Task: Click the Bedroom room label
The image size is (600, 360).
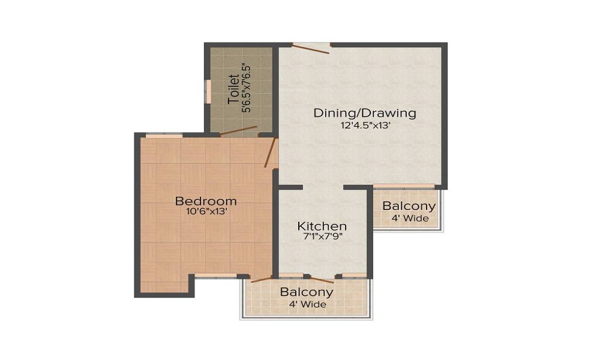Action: click(x=205, y=200)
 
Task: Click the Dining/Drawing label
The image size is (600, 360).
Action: click(x=365, y=113)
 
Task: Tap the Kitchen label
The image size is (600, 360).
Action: click(x=322, y=226)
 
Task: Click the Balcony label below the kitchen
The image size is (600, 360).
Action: click(x=307, y=293)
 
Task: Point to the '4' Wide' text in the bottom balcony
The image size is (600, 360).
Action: click(x=307, y=304)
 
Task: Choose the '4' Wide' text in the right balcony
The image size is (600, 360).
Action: click(x=410, y=218)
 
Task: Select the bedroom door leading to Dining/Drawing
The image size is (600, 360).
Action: click(x=271, y=152)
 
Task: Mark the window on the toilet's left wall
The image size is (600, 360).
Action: click(x=208, y=91)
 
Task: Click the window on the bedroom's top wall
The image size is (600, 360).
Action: click(x=164, y=136)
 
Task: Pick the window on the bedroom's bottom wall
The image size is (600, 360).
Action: click(x=216, y=275)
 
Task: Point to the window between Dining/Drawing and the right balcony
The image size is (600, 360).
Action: click(x=404, y=187)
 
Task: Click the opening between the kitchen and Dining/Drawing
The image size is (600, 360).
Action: click(x=323, y=188)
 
